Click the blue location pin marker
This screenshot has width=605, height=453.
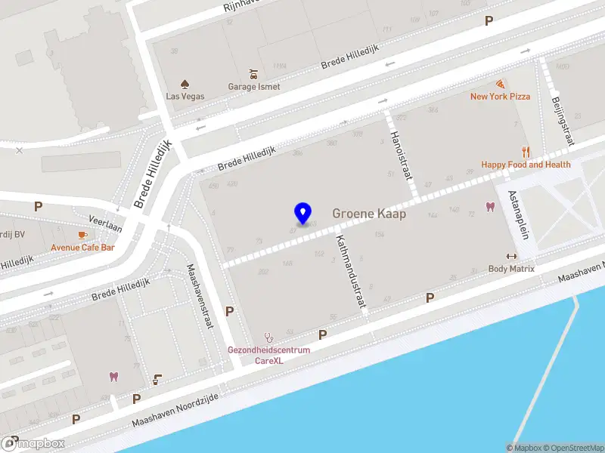302,214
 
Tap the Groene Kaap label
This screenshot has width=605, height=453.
369,214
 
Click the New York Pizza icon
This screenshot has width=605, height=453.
500,85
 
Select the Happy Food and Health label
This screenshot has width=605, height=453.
526,165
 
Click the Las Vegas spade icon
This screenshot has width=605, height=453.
185,84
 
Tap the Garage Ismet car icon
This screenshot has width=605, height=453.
253,75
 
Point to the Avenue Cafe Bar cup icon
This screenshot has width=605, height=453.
82,235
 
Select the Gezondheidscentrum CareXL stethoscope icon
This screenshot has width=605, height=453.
268,337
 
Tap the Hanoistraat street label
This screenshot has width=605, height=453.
401,155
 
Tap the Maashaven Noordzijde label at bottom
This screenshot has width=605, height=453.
175,412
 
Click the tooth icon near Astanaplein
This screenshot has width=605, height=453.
489,207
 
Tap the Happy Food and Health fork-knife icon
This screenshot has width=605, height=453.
526,152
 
